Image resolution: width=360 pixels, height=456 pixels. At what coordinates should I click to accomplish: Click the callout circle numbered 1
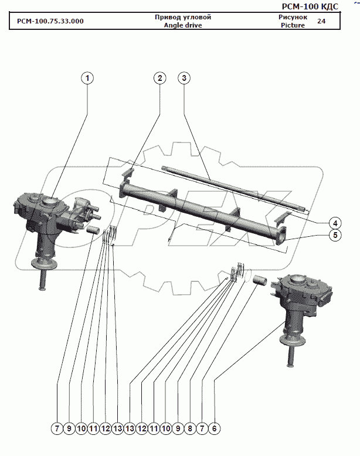pos(87,78)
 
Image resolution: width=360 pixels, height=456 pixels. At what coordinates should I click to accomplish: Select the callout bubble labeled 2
pos(160,78)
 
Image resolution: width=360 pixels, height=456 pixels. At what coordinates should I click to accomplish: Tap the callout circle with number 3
pos(184,78)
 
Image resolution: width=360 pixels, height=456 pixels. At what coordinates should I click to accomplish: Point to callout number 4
pos(335,223)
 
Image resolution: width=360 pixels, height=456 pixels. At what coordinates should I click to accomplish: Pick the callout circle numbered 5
pos(335,235)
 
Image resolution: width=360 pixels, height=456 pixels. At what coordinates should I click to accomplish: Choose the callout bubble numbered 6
pos(214,428)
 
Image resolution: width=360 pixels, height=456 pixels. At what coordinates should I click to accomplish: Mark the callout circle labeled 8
pos(190,428)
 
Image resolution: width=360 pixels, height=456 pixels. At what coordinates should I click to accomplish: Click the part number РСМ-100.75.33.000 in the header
pos(50,21)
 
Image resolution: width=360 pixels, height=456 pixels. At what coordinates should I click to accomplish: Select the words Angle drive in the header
pos(183,25)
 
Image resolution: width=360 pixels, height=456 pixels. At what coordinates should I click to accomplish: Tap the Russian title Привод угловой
pos(183,17)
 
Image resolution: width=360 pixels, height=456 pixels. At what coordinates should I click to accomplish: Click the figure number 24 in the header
pos(321,21)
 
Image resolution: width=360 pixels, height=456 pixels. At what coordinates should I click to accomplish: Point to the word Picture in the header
pos(293,25)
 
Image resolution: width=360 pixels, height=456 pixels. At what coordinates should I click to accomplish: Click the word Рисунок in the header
pos(293,17)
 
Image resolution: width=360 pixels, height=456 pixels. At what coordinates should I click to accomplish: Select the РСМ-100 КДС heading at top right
pos(310,6)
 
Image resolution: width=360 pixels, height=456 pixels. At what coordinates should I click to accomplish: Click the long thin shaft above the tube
pos(235,188)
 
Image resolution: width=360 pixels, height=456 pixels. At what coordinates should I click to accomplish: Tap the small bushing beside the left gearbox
pos(93,230)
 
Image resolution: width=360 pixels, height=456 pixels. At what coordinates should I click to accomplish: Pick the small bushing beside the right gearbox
pos(259,280)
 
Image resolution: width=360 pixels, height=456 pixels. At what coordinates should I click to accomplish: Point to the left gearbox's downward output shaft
pos(42,278)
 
